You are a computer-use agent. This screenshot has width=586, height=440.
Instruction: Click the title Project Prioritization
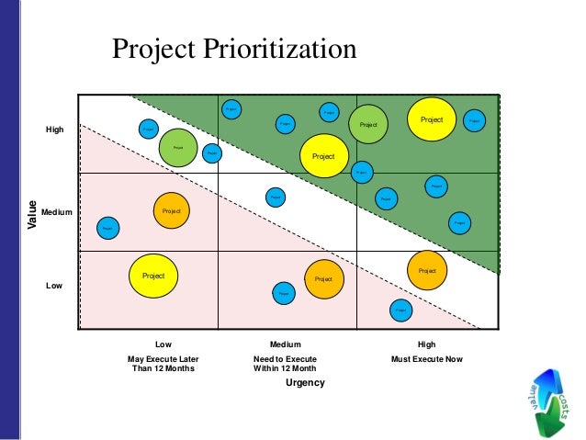pyautogui.click(x=233, y=50)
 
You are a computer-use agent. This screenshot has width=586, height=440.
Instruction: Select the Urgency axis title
pyautogui.click(x=306, y=382)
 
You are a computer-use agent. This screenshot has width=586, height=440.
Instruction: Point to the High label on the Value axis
pyautogui.click(x=55, y=130)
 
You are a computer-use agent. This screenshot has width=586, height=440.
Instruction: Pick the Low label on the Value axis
pyautogui.click(x=54, y=287)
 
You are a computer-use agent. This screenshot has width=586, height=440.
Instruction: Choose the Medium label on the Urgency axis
pyautogui.click(x=285, y=344)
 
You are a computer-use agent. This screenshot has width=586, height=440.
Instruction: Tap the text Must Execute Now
pyautogui.click(x=426, y=359)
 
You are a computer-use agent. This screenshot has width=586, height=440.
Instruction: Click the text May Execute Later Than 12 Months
pyautogui.click(x=163, y=364)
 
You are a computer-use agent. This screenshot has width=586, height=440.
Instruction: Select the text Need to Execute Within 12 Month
pyautogui.click(x=285, y=364)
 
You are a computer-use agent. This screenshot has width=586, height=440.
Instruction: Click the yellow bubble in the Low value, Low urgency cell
pyautogui.click(x=153, y=276)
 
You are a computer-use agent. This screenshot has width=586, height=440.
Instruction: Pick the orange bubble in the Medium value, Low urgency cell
pyautogui.click(x=171, y=211)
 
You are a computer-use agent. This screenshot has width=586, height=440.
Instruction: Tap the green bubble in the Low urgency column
pyautogui.click(x=178, y=147)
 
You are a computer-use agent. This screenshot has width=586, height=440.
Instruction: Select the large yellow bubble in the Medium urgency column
pyautogui.click(x=323, y=156)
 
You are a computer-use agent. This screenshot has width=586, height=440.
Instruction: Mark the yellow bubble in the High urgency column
pyautogui.click(x=432, y=119)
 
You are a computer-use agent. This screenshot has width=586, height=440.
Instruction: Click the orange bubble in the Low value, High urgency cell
pyautogui.click(x=427, y=270)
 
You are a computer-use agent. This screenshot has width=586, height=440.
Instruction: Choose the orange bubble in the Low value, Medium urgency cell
pyautogui.click(x=323, y=278)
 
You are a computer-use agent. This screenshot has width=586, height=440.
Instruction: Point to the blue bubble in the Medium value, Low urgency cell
pyautogui.click(x=107, y=227)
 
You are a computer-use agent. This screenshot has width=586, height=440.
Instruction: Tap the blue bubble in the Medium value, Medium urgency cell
pyautogui.click(x=276, y=197)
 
